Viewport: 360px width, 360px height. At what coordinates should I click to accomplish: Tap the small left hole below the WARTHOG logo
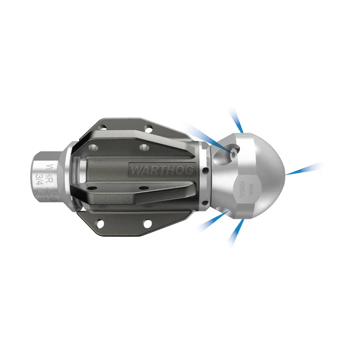pos(92,187)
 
